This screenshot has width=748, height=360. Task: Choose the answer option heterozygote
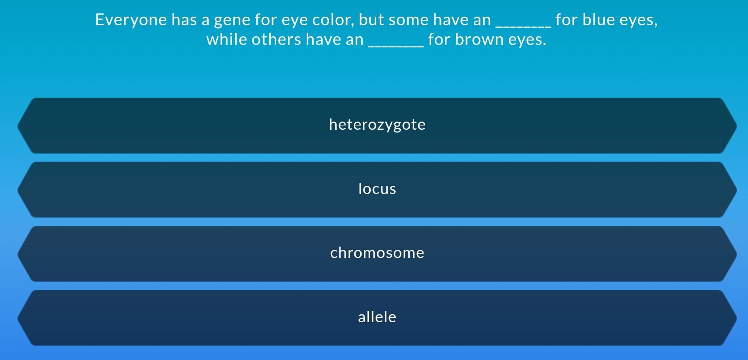tap(377, 125)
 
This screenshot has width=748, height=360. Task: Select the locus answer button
tap(377, 189)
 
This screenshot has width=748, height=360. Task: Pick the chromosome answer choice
tap(377, 253)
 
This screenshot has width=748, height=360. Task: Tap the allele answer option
tap(377, 318)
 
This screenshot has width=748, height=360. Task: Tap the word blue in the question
tap(599, 20)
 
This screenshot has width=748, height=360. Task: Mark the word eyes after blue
tap(639, 20)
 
